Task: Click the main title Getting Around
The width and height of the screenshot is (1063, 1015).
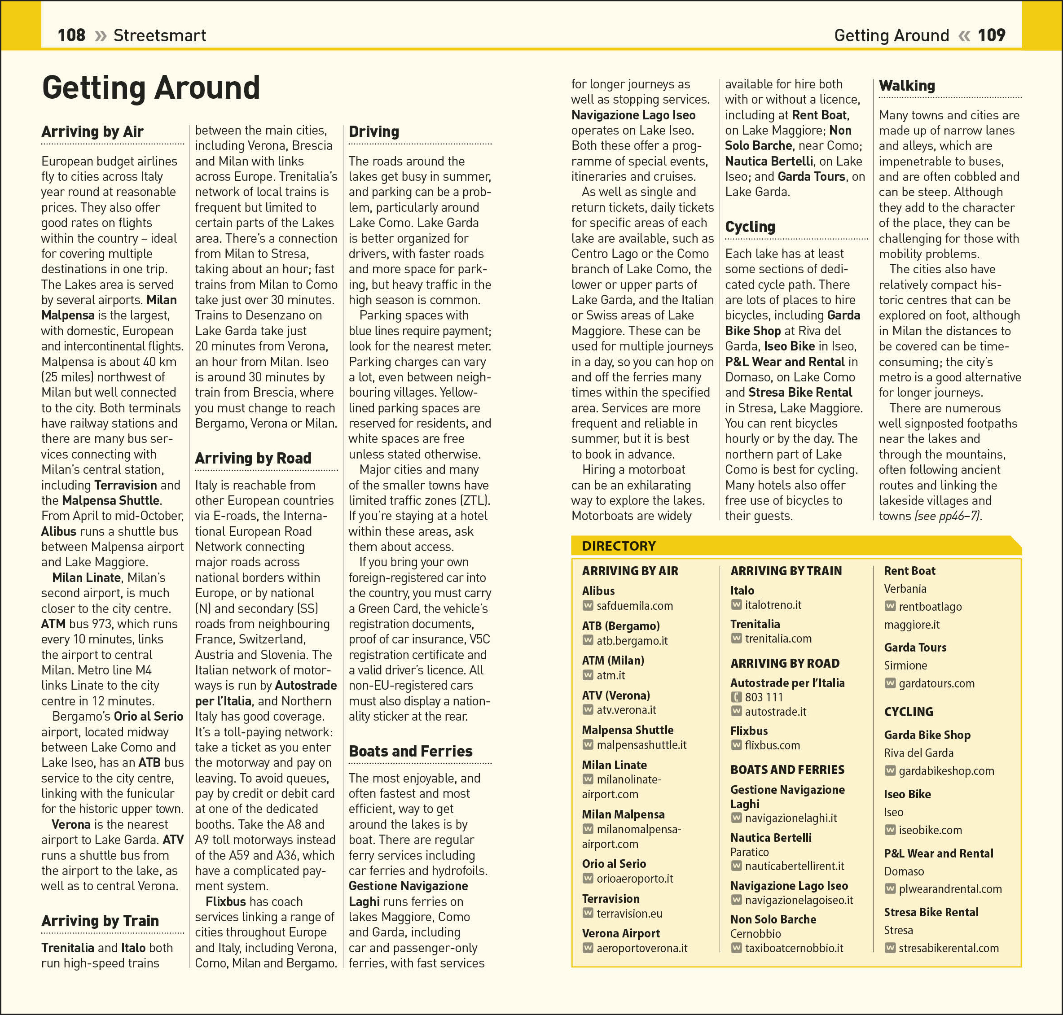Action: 151,87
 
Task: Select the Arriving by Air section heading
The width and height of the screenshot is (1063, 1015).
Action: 92,131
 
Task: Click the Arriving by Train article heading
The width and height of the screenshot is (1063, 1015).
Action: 100,921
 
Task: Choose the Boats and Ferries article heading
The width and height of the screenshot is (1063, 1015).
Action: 410,751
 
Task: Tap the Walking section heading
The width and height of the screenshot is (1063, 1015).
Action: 907,86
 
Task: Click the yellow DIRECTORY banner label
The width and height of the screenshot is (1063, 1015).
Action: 619,546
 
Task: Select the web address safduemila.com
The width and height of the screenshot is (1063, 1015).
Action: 634,606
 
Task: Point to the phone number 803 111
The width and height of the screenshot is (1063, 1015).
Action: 764,697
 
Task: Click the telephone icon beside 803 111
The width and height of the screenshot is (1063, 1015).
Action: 736,697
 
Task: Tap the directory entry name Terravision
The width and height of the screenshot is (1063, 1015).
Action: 611,899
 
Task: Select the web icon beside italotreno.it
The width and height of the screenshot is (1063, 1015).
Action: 736,605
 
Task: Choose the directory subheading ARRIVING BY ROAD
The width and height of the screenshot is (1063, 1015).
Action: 785,663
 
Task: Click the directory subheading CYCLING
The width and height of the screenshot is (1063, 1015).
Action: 908,712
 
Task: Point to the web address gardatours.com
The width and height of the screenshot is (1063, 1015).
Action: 936,683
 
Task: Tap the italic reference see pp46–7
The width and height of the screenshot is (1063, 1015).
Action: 948,516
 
